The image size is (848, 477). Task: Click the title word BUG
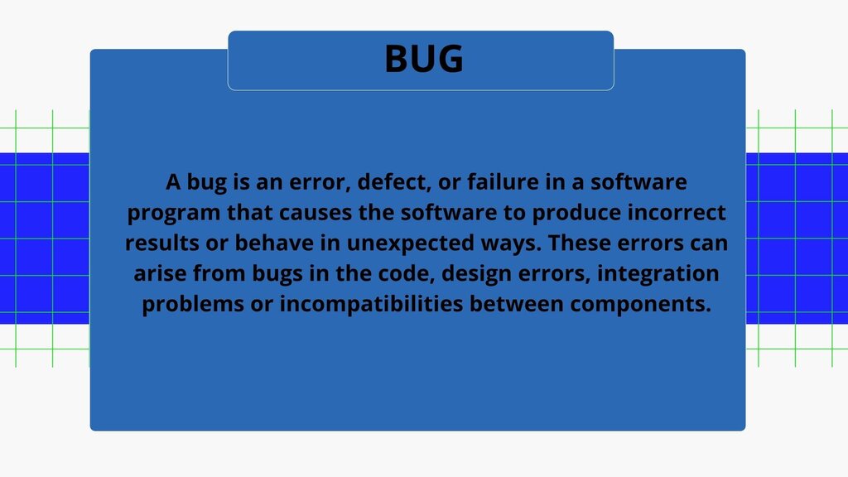pyautogui.click(x=424, y=59)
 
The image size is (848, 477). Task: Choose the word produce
pyautogui.click(x=576, y=213)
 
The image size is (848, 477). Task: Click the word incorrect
pyautogui.click(x=677, y=213)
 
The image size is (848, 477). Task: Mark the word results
pyautogui.click(x=162, y=243)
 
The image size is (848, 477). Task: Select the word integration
pyautogui.click(x=658, y=273)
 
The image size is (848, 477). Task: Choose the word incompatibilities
pyautogui.click(x=372, y=305)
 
